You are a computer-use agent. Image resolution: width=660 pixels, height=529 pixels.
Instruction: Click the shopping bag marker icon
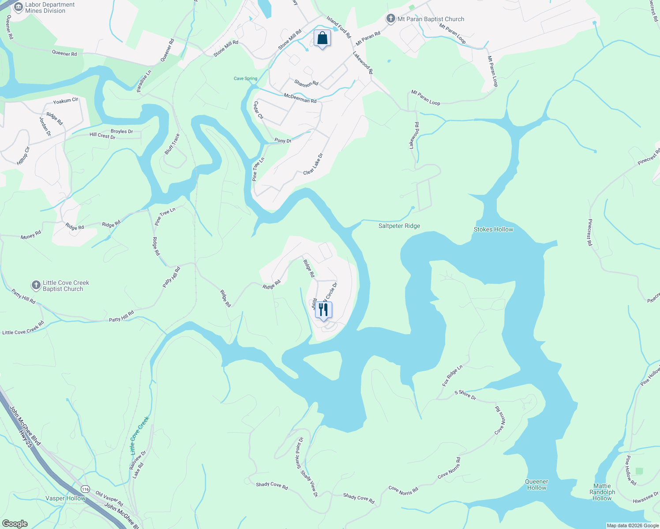click(322, 38)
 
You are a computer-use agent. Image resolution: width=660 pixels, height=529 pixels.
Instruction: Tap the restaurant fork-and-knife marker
click(323, 310)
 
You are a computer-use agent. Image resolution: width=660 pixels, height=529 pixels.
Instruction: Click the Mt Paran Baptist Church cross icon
click(390, 19)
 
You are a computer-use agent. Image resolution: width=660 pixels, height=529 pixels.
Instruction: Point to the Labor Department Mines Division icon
click(19, 7)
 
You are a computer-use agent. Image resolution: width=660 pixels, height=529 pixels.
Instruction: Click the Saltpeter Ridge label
click(399, 226)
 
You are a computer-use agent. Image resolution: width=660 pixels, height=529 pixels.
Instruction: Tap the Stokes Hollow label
click(493, 229)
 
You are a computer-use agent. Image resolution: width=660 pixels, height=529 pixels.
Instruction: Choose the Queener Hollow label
click(536, 484)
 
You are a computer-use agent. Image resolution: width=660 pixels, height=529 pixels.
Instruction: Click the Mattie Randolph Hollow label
click(602, 492)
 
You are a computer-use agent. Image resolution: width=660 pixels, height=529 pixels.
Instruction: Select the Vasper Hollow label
click(65, 498)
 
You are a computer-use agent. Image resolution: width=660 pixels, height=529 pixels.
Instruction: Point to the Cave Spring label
click(245, 78)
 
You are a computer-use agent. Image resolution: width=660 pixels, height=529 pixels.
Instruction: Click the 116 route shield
click(86, 489)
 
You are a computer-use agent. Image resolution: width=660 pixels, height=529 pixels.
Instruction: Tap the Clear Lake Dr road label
click(313, 164)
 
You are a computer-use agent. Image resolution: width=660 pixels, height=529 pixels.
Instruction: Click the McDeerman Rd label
click(300, 98)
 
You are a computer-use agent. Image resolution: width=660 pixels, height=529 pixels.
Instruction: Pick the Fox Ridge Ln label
click(453, 376)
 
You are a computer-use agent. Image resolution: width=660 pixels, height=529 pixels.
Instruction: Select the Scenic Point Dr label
click(299, 452)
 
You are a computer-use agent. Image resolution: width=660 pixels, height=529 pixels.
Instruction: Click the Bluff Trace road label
click(172, 144)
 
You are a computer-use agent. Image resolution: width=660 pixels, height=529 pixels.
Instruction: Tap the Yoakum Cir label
click(65, 101)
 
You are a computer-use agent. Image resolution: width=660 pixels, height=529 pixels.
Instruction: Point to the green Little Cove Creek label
click(139, 436)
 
